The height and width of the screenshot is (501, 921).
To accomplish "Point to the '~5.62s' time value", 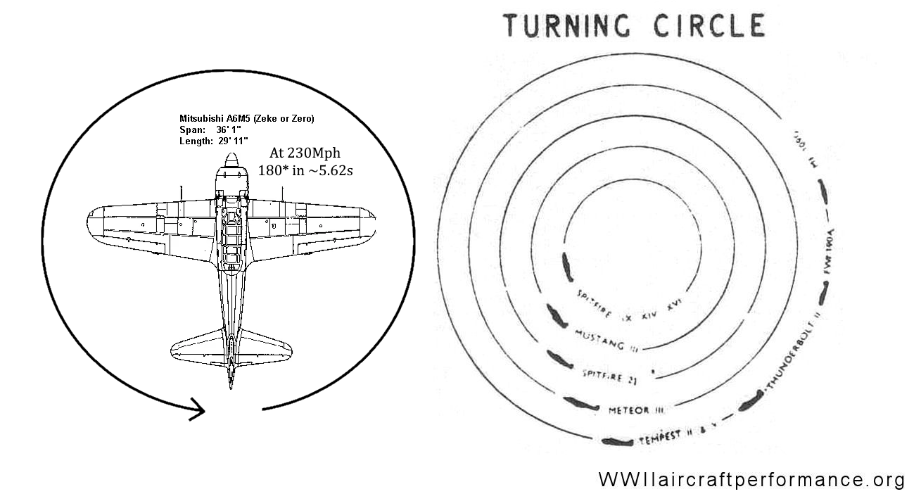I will coord(326,171).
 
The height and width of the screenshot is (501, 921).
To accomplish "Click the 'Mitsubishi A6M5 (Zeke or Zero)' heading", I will coord(246,119).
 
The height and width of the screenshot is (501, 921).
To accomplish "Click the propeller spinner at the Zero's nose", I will coord(231,162).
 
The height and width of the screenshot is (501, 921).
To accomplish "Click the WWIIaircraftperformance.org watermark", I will coord(751,480).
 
